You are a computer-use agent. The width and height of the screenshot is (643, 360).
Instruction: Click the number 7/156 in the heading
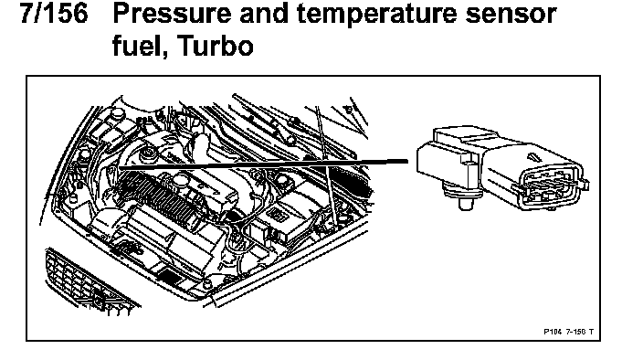click(54, 14)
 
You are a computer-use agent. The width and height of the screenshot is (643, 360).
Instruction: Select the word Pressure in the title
click(171, 14)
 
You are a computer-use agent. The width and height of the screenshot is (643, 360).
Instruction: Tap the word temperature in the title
click(375, 15)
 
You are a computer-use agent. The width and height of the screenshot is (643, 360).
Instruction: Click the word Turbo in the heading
click(216, 46)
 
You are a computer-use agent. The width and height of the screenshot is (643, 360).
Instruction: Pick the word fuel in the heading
click(140, 47)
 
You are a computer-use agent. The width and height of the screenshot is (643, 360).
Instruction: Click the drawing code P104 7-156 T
click(568, 332)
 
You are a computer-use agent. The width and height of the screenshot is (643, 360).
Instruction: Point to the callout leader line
click(263, 164)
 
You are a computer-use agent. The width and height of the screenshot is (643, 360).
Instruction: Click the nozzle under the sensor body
click(464, 201)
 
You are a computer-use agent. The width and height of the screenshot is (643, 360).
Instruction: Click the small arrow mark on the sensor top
click(532, 157)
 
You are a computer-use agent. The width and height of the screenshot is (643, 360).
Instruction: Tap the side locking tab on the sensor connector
click(585, 185)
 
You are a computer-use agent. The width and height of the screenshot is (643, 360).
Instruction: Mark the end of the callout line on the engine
click(120, 167)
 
